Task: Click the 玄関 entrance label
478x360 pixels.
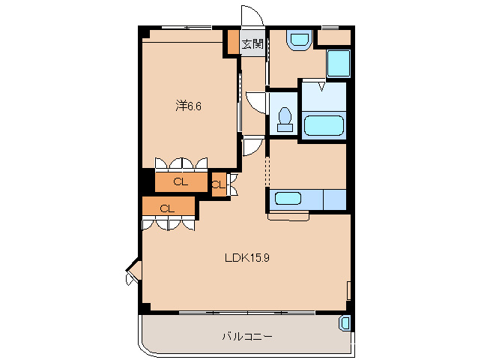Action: [252, 44]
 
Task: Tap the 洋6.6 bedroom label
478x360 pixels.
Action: [188, 106]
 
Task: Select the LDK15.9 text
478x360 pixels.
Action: [247, 258]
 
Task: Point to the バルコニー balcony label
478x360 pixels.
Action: [247, 337]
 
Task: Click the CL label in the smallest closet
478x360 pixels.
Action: [218, 185]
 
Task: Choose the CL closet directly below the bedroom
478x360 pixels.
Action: [181, 182]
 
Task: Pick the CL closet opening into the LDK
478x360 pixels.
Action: [168, 208]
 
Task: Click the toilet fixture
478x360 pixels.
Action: [285, 119]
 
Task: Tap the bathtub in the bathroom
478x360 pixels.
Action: [324, 125]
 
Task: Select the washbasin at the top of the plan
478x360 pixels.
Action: [300, 40]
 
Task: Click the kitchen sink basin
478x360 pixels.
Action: [288, 198]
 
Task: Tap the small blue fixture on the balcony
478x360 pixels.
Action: [345, 323]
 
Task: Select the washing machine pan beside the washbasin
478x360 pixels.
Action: [339, 64]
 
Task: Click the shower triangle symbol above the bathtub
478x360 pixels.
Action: [321, 86]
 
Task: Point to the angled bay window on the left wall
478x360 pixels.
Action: [133, 271]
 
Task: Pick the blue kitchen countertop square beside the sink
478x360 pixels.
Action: [335, 199]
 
